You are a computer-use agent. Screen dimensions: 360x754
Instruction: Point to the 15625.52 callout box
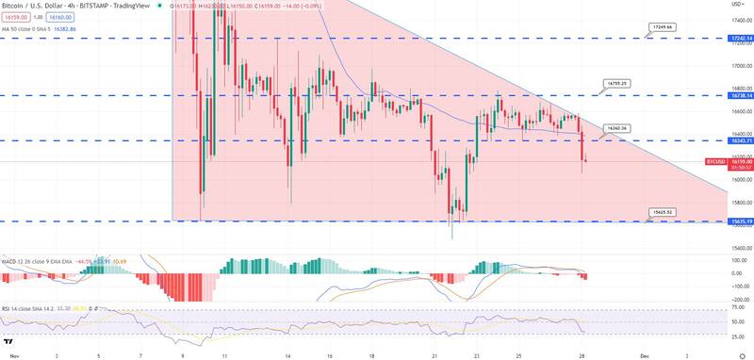point(663,213)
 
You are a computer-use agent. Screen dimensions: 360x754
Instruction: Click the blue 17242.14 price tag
point(741,39)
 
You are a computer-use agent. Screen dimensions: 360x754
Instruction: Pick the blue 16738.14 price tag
point(741,95)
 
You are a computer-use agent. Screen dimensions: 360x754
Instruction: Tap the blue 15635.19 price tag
point(741,221)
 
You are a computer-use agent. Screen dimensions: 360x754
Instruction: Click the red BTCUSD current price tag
point(741,161)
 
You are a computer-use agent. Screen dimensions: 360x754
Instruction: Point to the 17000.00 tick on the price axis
point(741,66)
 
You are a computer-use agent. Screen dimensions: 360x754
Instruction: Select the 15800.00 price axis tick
point(741,203)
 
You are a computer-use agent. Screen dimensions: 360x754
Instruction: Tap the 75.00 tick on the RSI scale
point(740,307)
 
